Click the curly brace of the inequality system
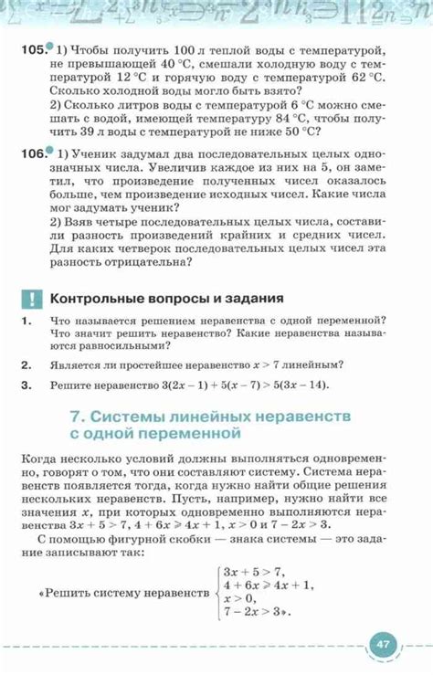click(x=212, y=593)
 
